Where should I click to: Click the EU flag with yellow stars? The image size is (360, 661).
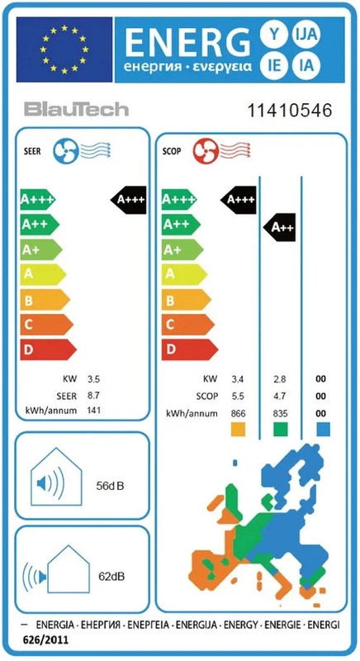64,50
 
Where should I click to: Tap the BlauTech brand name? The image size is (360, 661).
76,110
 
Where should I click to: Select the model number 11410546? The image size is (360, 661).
289,111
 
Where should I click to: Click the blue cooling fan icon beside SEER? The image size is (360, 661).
66,152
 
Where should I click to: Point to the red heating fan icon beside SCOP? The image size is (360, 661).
206,152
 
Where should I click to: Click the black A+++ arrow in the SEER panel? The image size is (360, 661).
129,200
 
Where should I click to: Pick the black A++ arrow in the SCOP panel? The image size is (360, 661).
280,227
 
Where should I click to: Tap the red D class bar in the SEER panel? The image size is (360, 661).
48,350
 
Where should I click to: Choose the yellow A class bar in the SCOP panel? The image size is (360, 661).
184,274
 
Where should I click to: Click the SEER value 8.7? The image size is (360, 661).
93,396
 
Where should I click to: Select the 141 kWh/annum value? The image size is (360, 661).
94,410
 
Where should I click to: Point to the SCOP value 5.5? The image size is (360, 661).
237,397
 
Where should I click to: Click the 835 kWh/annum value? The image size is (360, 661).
280,413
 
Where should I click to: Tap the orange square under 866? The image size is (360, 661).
238,429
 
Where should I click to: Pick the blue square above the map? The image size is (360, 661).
323,429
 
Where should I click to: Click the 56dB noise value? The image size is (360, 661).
111,486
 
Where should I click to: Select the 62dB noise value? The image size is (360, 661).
111,575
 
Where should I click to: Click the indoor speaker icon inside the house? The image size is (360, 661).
50,483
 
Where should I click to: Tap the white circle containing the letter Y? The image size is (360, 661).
274,34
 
